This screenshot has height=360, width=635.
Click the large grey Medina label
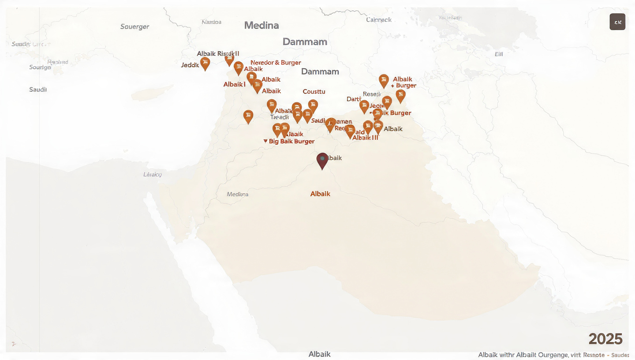(261, 26)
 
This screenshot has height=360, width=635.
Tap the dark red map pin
(322, 160)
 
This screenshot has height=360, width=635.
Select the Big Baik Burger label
(291, 142)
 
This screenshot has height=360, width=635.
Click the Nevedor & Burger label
(276, 63)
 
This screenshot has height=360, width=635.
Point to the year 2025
(605, 339)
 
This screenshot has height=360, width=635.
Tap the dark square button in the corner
(617, 22)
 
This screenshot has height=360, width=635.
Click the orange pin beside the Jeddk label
(205, 63)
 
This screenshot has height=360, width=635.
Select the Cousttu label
(314, 92)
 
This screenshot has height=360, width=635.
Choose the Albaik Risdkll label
(218, 54)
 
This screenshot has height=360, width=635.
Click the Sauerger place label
(134, 26)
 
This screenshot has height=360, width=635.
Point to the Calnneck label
(379, 20)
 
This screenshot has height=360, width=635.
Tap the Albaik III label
(366, 138)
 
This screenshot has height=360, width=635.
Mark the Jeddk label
(190, 65)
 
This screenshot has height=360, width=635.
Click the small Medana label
(237, 194)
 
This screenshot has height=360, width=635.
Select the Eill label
(499, 54)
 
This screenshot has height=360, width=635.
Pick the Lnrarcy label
(153, 174)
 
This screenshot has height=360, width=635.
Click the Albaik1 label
(235, 85)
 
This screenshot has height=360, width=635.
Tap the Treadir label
(279, 117)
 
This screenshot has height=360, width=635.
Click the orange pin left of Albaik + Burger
(384, 80)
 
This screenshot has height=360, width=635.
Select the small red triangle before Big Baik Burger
(265, 141)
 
